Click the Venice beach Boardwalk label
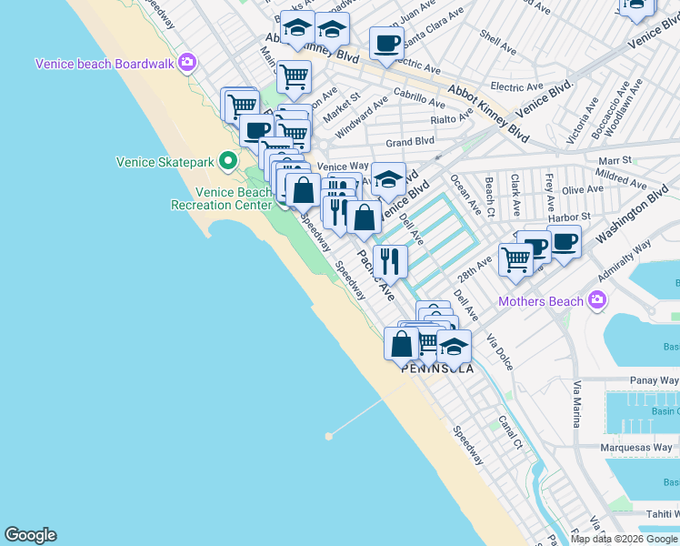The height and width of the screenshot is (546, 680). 105,64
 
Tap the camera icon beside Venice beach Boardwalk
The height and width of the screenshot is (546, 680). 187,63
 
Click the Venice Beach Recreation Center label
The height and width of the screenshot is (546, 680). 221,198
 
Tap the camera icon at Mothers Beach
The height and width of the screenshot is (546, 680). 597,298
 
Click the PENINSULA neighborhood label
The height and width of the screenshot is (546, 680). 438,369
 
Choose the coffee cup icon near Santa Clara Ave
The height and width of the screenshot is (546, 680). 386,44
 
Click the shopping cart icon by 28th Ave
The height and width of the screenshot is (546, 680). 515,259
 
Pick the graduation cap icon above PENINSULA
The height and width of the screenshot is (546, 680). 454,346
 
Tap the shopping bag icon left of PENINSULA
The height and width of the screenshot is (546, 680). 401,344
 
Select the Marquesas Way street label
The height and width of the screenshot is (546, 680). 639,448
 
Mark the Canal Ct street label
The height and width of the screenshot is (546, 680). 510,432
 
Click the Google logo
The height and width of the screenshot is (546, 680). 30,535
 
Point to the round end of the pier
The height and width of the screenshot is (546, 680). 328,436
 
